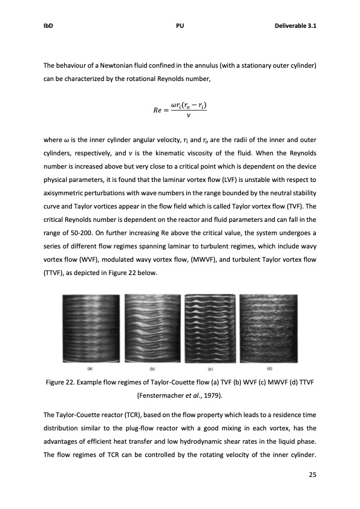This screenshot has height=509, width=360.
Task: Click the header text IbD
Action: click(x=48, y=26)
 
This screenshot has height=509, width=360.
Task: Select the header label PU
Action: click(x=180, y=26)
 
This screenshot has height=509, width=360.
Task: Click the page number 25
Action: click(x=312, y=475)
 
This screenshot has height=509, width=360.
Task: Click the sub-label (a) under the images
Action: click(x=90, y=368)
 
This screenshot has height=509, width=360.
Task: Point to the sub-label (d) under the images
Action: click(x=269, y=368)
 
